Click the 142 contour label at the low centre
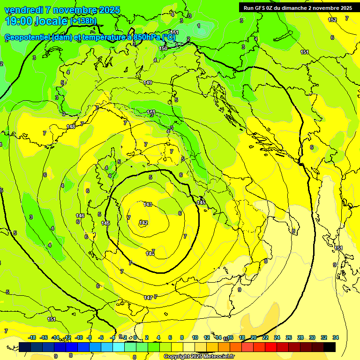(x=143, y=223)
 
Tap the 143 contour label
(x=148, y=204)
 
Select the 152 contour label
(x=332, y=20)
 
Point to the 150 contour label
(x=163, y=48)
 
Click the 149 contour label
(x=148, y=82)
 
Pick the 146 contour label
(x=80, y=216)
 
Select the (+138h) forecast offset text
(x=83, y=21)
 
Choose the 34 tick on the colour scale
(x=336, y=337)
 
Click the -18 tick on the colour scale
(x=32, y=337)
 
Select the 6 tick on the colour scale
(x=170, y=337)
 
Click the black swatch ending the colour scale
(x=330, y=347)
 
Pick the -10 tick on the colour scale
(x=79, y=337)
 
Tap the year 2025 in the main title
(x=109, y=10)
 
